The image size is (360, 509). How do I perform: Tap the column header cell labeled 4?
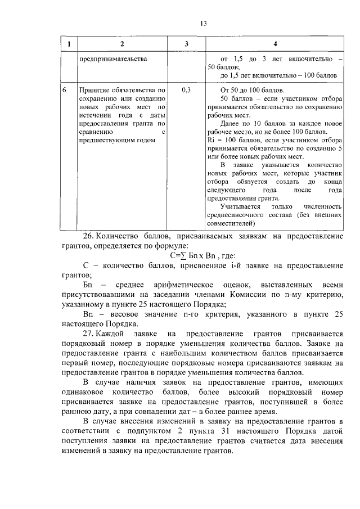(274, 44)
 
